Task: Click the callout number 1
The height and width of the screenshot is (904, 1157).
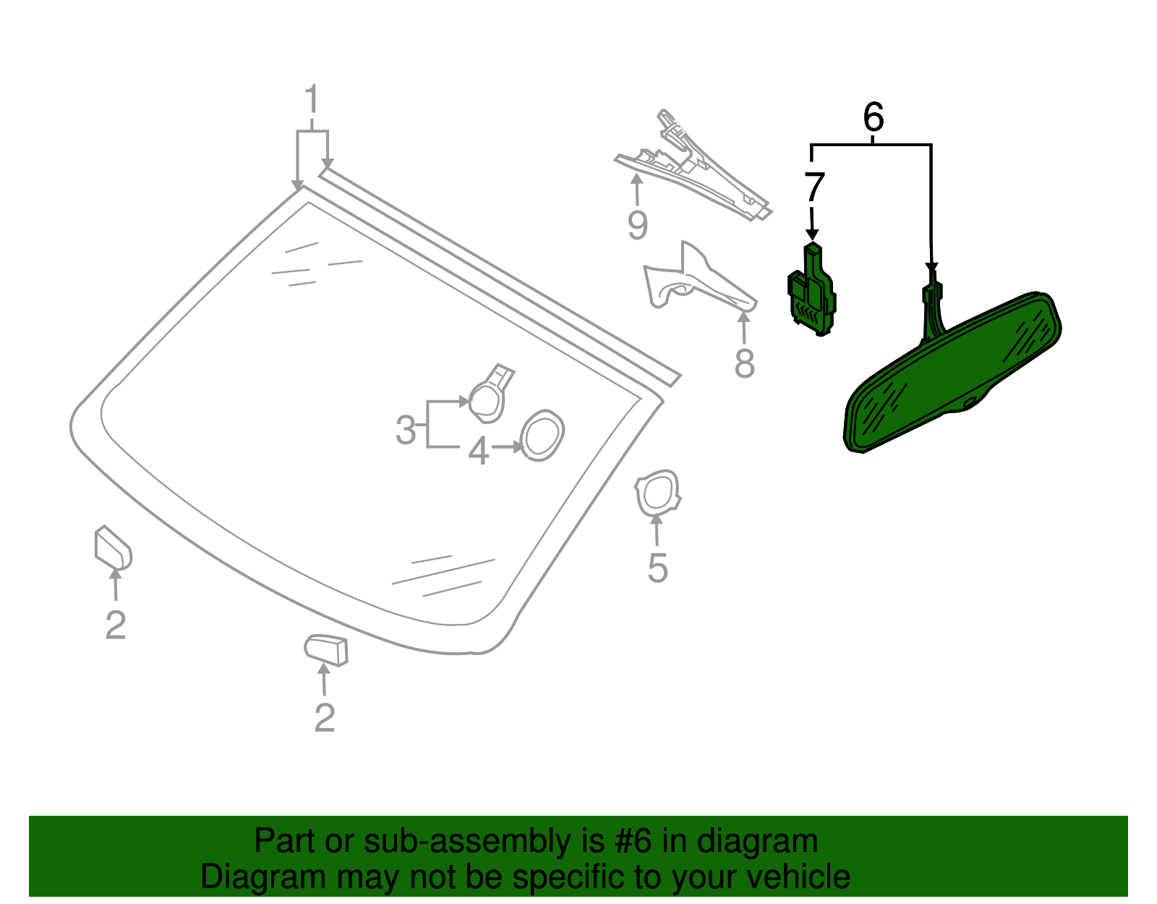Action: tap(312, 101)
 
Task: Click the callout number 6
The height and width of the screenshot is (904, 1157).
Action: tap(874, 117)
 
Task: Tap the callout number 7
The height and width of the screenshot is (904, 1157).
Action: tap(814, 187)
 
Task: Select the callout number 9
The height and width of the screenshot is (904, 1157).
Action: tap(637, 225)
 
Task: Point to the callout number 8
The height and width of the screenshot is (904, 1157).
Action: tap(744, 363)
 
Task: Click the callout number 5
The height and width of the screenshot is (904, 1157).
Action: tap(657, 568)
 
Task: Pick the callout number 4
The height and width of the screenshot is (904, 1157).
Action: tap(478, 452)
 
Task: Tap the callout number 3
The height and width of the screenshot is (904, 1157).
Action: tap(406, 431)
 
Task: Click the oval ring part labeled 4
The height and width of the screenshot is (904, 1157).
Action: tap(542, 436)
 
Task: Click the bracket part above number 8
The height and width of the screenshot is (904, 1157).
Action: tap(694, 282)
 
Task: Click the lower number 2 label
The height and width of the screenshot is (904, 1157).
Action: tap(325, 717)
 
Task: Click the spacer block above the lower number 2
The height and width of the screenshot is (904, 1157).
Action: tap(327, 649)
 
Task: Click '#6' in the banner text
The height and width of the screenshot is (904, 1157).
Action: tap(633, 842)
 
